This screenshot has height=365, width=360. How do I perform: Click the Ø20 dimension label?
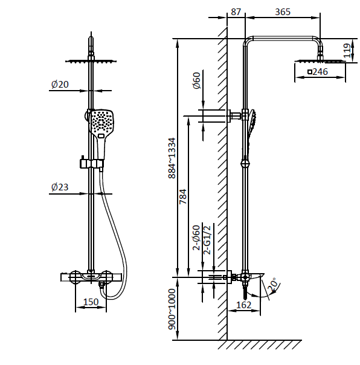[60, 84]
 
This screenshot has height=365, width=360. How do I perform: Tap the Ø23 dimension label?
[60, 187]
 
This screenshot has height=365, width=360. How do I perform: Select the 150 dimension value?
[91, 302]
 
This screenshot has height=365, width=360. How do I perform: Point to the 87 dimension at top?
[236, 12]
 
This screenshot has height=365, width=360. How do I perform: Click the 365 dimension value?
[283, 12]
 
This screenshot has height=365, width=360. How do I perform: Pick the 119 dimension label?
[347, 51]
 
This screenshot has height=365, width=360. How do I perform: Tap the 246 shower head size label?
[320, 72]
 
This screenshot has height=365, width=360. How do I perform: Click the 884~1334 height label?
[172, 158]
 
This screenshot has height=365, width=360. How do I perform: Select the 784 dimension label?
[183, 196]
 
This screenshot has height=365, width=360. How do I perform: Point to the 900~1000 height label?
[172, 309]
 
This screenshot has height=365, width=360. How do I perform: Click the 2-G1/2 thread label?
[207, 240]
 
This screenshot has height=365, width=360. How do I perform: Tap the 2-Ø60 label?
[196, 237]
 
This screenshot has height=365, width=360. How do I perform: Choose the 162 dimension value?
[244, 305]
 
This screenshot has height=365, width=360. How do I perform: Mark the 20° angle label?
[273, 285]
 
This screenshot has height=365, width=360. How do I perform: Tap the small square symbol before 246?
[310, 72]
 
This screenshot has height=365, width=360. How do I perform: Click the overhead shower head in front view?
[91, 61]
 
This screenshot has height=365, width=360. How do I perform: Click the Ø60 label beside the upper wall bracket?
[197, 80]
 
